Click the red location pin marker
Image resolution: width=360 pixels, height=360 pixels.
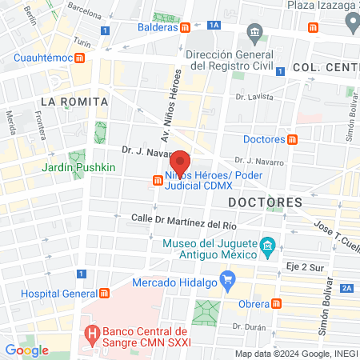182,162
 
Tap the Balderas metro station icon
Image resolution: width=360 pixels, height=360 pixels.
186,26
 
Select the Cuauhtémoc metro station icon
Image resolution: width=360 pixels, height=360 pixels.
79,58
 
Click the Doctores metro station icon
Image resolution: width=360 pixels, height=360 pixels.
293,139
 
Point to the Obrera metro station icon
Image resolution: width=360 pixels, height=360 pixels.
276,304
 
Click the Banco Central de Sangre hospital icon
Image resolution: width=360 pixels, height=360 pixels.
91,330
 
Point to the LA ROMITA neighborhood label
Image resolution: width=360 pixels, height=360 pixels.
69,101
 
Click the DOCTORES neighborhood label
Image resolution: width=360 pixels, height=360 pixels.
265,202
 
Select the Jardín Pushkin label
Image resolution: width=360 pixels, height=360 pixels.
79,168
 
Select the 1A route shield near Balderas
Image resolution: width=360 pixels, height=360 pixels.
213,26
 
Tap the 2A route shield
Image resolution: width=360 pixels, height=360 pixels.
346,288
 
